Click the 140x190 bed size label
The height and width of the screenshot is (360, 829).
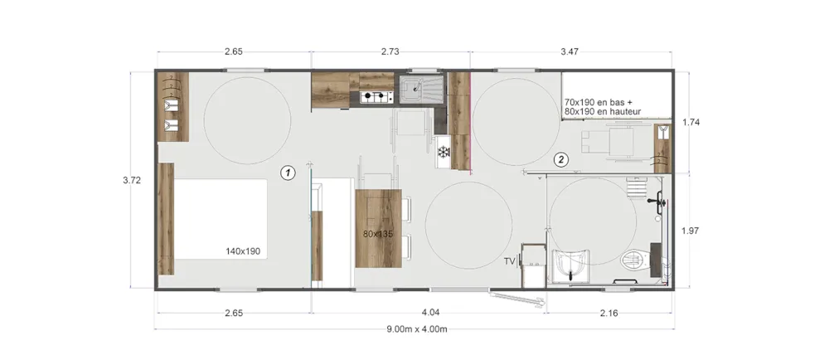[x=243, y=251]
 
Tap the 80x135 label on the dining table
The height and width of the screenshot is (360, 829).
[x=378, y=234]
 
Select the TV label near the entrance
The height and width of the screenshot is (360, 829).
[x=510, y=261]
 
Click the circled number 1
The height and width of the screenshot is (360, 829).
[x=288, y=173]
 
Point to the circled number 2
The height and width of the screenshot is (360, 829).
[x=561, y=158]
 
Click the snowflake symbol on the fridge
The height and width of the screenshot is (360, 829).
[x=443, y=153]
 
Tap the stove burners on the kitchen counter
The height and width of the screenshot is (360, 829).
[x=377, y=97]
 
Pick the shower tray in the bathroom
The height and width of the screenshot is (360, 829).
[x=571, y=266]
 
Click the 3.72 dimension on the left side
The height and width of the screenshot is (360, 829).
[x=132, y=180]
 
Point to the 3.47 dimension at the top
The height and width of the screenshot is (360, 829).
[x=570, y=51]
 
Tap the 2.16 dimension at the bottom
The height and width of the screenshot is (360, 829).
[x=609, y=313]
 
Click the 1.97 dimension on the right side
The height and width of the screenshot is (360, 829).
[x=691, y=230]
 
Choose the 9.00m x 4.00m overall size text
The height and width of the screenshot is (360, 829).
[x=417, y=329]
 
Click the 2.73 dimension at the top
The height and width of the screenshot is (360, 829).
[x=390, y=51]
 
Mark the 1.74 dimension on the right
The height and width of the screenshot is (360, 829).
[x=691, y=122]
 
